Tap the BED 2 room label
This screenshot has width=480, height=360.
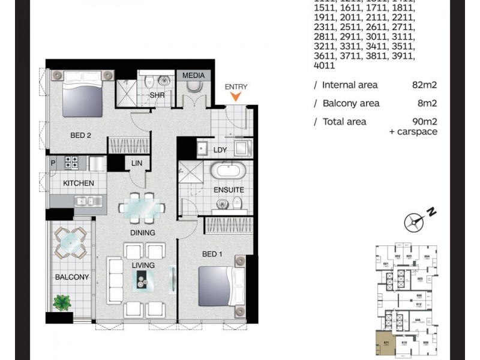pos(80,136)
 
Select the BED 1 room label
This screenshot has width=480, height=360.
pos(212,254)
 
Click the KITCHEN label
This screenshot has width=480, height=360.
pos(78,183)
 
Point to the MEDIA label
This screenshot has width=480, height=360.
pos(193,76)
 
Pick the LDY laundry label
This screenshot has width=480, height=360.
pos(220,150)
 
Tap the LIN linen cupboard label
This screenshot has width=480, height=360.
pos(136,162)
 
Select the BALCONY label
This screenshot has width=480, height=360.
pos(72,277)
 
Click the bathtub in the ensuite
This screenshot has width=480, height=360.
pos(228,171)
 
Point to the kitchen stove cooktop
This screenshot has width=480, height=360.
pos(72,162)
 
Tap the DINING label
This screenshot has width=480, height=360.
pos(142,233)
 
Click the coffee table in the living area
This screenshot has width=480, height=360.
pos(144,278)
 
